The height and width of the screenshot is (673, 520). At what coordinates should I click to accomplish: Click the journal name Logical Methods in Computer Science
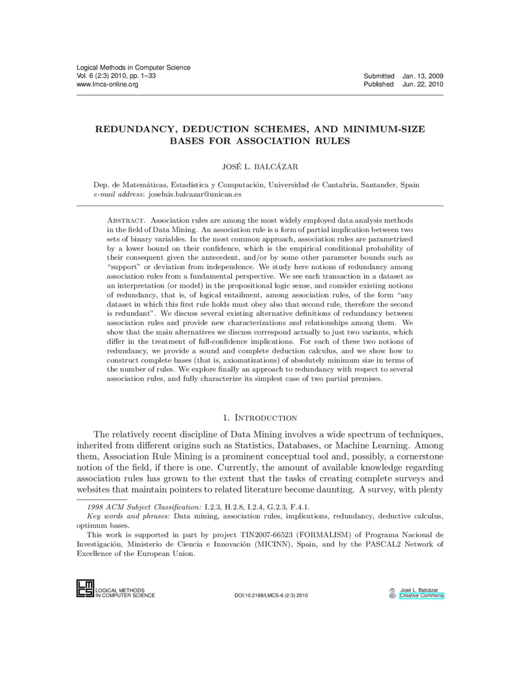click(133, 67)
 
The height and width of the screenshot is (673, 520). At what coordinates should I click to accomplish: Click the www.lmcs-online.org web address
click(107, 84)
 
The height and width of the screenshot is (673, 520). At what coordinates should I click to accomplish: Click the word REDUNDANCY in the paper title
click(133, 130)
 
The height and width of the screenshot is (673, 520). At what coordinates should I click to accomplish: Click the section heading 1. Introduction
click(260, 417)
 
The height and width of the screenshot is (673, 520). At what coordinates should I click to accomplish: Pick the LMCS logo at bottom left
click(85, 589)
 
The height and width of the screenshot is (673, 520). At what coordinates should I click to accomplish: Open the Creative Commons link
click(421, 596)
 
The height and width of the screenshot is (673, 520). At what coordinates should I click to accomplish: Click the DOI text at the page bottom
click(271, 596)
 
